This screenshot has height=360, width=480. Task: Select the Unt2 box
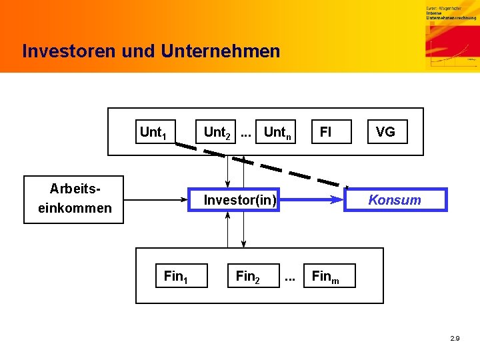[x=217, y=132]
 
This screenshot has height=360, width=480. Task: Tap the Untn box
[x=277, y=132]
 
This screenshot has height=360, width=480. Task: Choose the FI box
[x=325, y=132]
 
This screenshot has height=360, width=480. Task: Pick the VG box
[x=385, y=132]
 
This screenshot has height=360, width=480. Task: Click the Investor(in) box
[x=240, y=199]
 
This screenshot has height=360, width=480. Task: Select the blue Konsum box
[x=395, y=199]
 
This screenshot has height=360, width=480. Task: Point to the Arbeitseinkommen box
[x=74, y=199]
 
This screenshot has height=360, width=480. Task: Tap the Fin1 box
[x=175, y=276]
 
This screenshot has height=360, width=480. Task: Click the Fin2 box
[x=247, y=276]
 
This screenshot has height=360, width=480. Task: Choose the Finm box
[x=326, y=276]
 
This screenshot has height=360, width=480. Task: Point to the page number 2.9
[x=455, y=339]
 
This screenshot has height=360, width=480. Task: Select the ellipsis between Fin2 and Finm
[x=290, y=276]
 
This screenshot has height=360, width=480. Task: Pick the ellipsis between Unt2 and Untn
[x=246, y=132]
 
